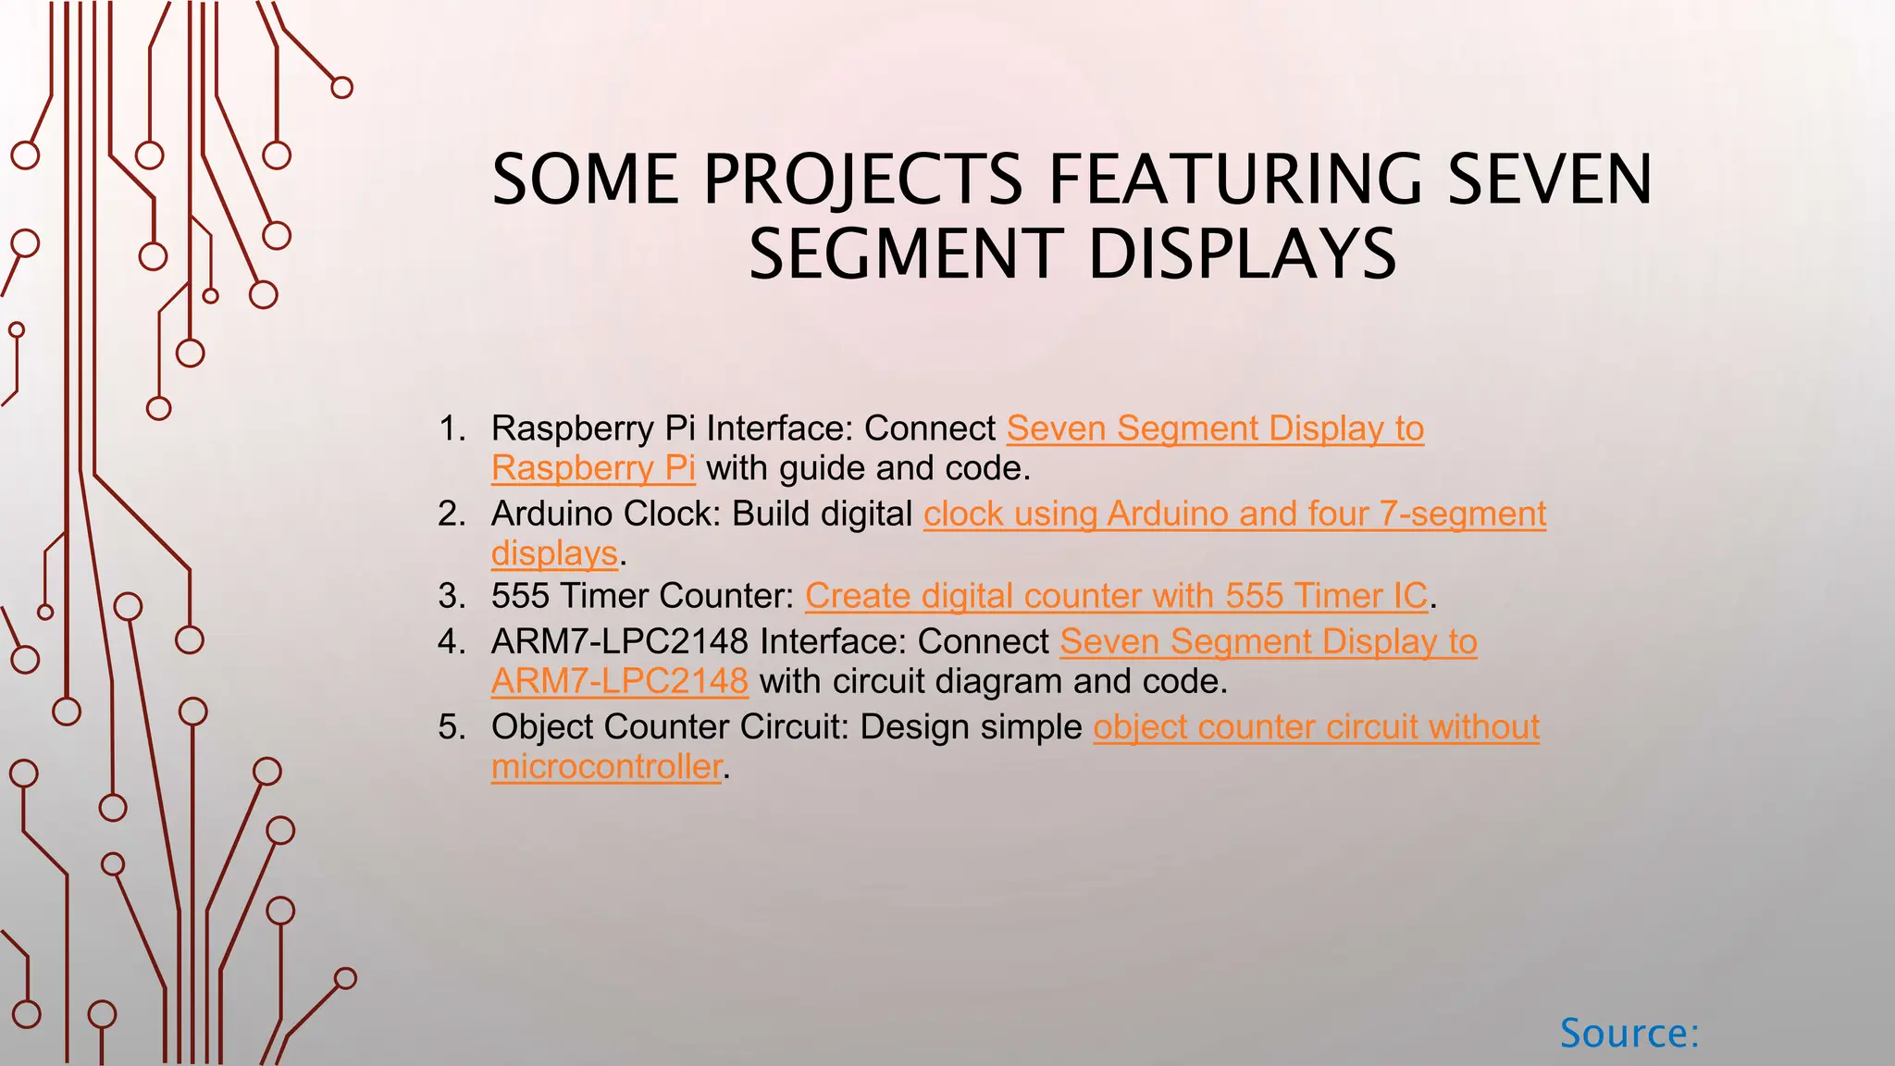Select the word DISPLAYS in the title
pos(1242,254)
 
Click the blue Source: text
pos(1629,1033)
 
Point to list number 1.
pos(452,428)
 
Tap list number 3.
pos(452,596)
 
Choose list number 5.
pos(452,727)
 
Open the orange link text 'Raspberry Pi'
pos(593,468)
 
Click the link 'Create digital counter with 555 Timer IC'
pos(1116,596)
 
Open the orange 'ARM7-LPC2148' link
pos(619,682)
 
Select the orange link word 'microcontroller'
pos(606,767)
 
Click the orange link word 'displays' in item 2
pos(554,553)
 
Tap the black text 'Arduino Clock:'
pos(605,514)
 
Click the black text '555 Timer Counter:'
pos(642,596)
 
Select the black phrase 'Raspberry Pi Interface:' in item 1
pos(672,428)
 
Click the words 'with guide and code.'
pos(868,468)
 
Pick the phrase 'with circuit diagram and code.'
pos(993,682)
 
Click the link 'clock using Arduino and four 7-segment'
pos(1234,514)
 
